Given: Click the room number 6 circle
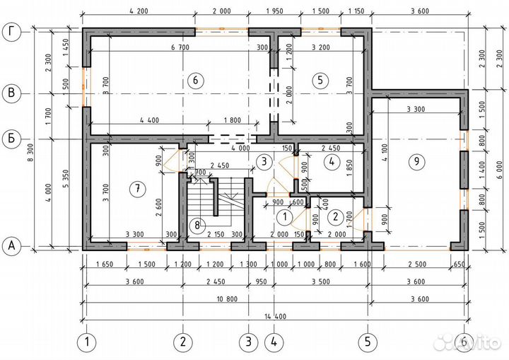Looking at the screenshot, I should tap(196, 80).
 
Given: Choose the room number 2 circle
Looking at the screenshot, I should tap(337, 216).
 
